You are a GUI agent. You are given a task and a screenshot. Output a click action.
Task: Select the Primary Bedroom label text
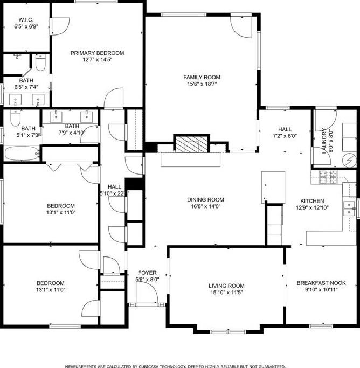pos(97,53)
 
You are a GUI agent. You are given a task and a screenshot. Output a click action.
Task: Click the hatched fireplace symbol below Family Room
pos(191,144)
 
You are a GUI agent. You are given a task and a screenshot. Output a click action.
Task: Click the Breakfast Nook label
pos(321,283)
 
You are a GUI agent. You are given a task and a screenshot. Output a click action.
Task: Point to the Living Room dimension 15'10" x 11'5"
pos(226,293)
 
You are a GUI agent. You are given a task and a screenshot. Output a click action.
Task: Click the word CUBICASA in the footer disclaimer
pos(171,365)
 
